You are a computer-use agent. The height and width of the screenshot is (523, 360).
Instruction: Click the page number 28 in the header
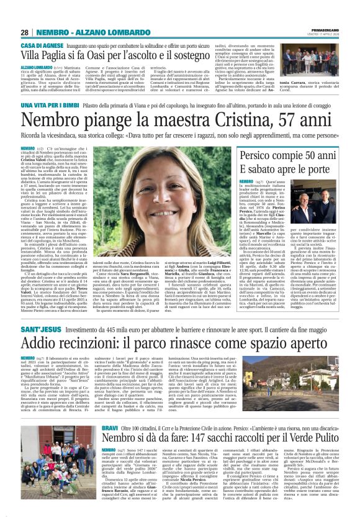coord(24,32)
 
